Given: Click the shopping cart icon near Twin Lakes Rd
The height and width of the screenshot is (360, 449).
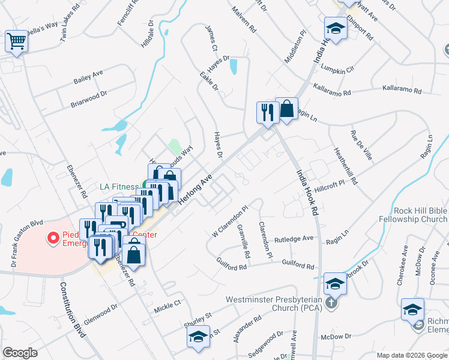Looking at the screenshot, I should pyautogui.click(x=16, y=41).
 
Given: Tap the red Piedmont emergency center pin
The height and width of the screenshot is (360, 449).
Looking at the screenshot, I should pyautogui.click(x=52, y=239).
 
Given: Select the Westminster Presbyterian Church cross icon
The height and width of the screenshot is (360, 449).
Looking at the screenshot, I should pyautogui.click(x=330, y=304).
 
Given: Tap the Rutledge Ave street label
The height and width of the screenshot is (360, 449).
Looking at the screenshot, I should pyautogui.click(x=294, y=239).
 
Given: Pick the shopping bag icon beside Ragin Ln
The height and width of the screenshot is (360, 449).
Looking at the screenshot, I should pyautogui.click(x=287, y=109).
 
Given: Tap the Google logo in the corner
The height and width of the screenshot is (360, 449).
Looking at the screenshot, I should pyautogui.click(x=20, y=353).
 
